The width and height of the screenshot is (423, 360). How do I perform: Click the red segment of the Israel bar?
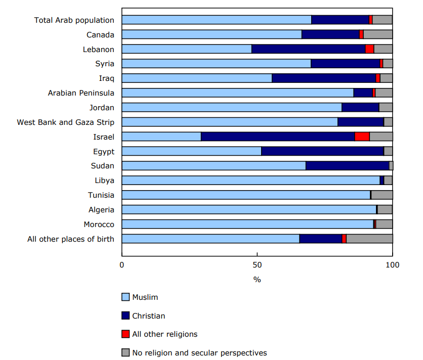(x=362, y=137)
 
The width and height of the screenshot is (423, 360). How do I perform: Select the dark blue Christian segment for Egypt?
(x=322, y=151)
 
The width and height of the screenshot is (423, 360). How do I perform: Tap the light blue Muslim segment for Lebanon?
(x=187, y=49)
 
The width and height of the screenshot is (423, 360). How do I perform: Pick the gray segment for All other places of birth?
(x=369, y=239)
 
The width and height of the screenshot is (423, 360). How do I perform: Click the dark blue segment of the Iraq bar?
(x=324, y=78)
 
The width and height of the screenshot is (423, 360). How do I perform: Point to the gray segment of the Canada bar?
(x=377, y=34)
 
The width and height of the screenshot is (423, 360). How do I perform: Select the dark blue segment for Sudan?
(x=347, y=166)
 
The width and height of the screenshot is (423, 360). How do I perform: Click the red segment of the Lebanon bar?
(x=369, y=49)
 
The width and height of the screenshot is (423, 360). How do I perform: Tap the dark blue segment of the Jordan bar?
(x=360, y=107)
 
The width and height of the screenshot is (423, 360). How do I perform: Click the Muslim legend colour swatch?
(x=125, y=297)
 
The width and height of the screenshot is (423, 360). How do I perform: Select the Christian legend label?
(x=148, y=316)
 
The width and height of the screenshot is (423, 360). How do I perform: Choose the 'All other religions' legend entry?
(x=164, y=334)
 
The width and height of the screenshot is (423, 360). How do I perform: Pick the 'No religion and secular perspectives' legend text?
(x=199, y=352)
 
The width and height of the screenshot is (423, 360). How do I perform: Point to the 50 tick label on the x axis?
(x=257, y=264)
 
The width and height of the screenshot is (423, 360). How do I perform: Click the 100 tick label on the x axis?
(x=392, y=264)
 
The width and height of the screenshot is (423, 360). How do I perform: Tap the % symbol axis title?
(x=257, y=280)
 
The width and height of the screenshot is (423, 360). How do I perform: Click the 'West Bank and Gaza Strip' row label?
(x=65, y=122)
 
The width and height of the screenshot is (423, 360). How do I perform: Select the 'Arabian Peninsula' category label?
(x=81, y=93)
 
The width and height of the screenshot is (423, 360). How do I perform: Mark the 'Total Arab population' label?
(x=74, y=20)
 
